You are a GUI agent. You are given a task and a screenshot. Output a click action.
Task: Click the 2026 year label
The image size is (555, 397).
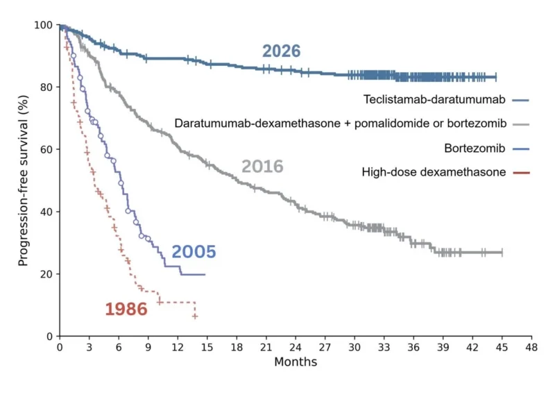(x=281, y=51)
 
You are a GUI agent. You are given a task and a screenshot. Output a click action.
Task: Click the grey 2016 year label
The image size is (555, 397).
(x=262, y=167)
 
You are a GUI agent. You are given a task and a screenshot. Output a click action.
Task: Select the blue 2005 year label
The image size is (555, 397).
(x=194, y=252)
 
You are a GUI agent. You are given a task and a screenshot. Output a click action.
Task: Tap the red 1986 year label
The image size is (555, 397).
(x=126, y=310)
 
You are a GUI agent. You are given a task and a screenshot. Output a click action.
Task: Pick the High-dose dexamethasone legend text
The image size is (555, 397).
(x=434, y=172)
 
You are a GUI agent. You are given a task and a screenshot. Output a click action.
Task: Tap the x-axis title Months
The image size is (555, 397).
(x=296, y=362)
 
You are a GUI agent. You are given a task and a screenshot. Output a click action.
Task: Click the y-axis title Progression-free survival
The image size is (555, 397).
(x=24, y=180)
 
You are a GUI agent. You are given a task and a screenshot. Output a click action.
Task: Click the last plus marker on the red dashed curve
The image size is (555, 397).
(x=195, y=316)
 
